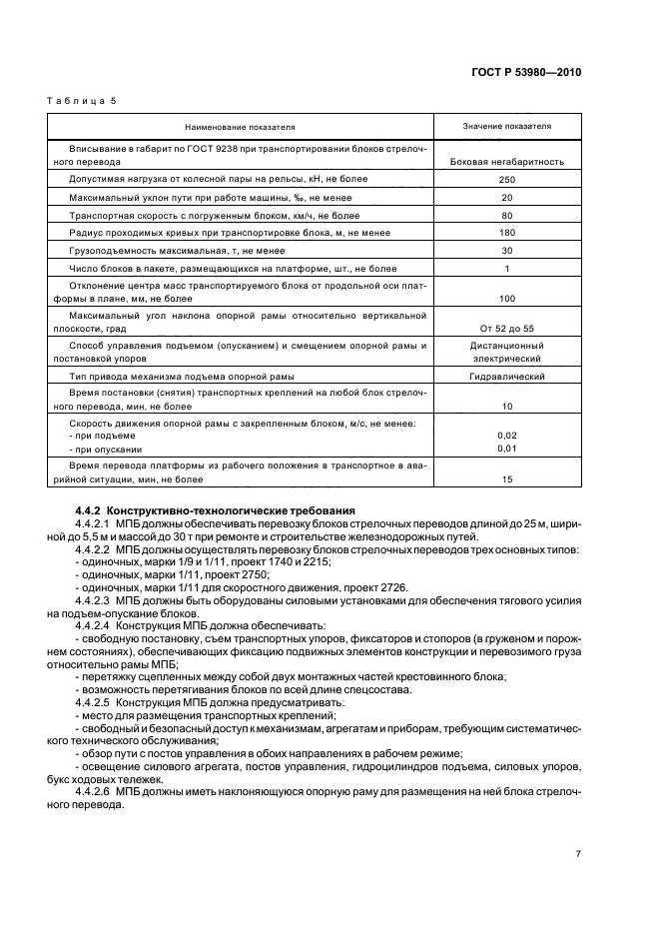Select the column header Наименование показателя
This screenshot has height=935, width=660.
(239, 127)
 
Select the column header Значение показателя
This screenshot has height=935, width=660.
(506, 127)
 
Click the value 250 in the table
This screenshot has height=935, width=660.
(506, 179)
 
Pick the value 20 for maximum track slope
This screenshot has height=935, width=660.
(506, 197)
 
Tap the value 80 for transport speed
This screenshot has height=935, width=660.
(506, 215)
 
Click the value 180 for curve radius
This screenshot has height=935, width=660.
(506, 233)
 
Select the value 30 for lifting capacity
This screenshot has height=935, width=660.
(506, 251)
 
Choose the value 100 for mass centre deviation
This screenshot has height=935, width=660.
(506, 299)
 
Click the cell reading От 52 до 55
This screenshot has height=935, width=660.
(506, 327)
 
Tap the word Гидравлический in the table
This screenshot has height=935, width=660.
(506, 377)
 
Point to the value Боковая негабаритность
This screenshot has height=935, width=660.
(507, 161)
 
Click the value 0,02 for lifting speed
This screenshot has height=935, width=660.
(506, 437)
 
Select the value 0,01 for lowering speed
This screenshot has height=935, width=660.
(506, 449)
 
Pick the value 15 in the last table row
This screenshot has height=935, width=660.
(506, 480)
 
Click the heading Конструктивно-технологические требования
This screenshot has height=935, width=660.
(224, 510)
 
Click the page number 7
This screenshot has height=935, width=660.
(578, 854)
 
